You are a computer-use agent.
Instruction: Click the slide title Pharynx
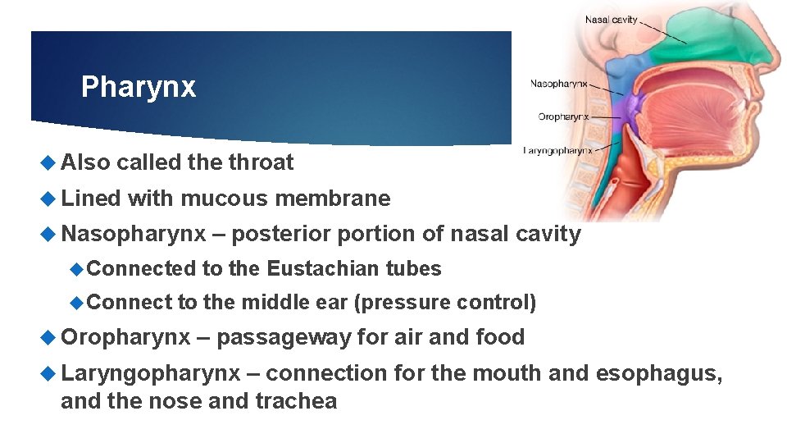point(139,87)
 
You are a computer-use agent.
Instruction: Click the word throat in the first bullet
point(260,162)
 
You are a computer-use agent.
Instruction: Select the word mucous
point(225,199)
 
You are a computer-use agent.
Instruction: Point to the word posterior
point(282,234)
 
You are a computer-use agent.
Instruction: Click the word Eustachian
point(324,268)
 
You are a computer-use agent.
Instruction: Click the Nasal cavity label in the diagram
point(611,20)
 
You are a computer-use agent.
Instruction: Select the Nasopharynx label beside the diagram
point(560,83)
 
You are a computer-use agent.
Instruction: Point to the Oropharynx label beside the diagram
point(563,116)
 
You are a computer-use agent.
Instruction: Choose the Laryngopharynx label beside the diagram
point(557,150)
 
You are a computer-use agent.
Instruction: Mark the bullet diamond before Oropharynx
point(51,337)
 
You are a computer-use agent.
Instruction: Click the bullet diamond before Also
point(51,162)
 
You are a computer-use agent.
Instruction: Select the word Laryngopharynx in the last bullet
point(151,373)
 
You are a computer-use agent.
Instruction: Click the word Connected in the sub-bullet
point(141,268)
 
